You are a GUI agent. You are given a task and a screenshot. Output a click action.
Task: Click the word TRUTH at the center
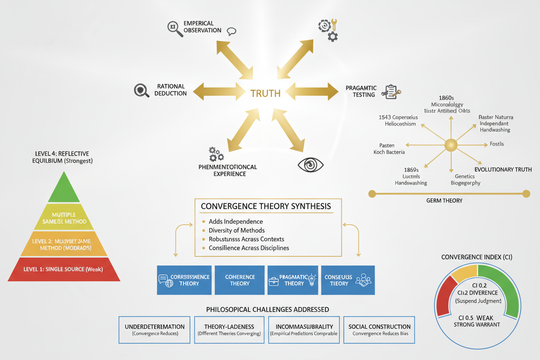pyautogui.click(x=265, y=93)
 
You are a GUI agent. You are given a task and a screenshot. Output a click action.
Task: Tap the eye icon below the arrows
pyautogui.click(x=311, y=165)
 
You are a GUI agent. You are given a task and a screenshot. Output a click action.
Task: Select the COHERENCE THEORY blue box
pyautogui.click(x=240, y=280)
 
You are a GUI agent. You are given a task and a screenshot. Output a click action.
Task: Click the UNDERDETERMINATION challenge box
pyautogui.click(x=154, y=330)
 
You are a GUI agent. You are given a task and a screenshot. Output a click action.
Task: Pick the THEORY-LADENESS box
pyautogui.click(x=229, y=330)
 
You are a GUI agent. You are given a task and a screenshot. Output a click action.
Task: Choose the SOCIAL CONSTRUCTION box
pyautogui.click(x=379, y=330)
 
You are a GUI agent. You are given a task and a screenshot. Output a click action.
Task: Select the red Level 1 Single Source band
pyautogui.click(x=64, y=269)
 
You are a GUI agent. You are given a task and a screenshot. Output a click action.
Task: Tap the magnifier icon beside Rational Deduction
pyautogui.click(x=141, y=90)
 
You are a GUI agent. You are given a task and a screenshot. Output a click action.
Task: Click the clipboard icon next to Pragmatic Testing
pyautogui.click(x=391, y=92)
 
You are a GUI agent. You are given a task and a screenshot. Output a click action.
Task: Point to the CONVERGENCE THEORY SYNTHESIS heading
pyautogui.click(x=266, y=206)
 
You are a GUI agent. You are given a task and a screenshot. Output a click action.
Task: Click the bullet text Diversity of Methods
pyautogui.click(x=236, y=230)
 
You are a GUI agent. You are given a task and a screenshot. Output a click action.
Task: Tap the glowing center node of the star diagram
pyautogui.click(x=451, y=145)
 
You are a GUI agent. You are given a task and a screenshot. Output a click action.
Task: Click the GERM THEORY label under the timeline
pyautogui.click(x=444, y=200)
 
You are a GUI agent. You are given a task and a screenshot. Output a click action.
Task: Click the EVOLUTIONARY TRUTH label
pyautogui.click(x=503, y=169)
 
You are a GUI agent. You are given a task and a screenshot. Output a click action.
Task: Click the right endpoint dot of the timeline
pyautogui.click(x=526, y=194)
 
